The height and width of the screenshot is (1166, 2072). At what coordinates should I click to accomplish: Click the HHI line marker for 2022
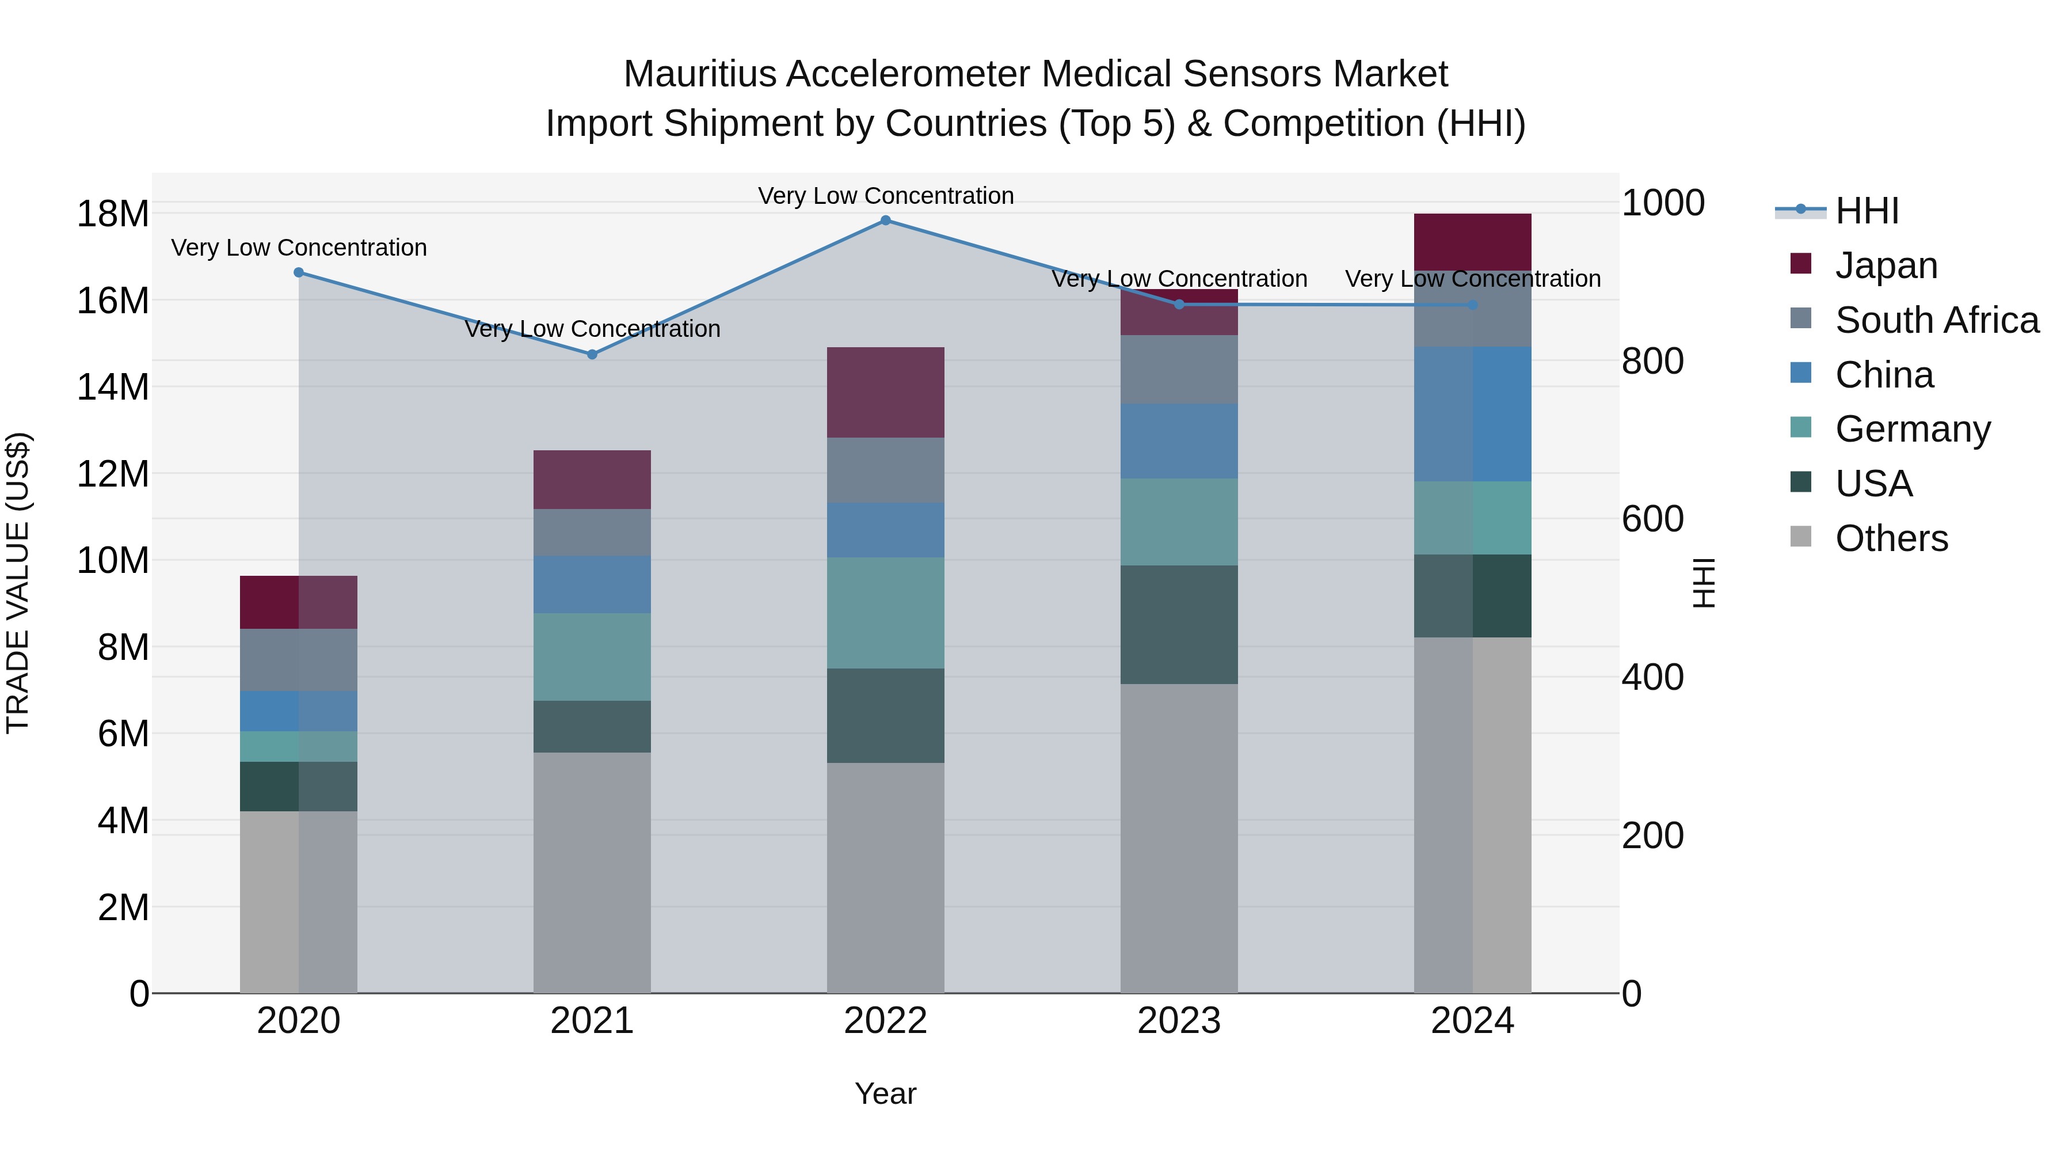tap(886, 221)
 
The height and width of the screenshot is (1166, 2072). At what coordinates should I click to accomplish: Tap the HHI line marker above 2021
tap(592, 354)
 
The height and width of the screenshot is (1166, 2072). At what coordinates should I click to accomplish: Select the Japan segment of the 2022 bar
tap(886, 393)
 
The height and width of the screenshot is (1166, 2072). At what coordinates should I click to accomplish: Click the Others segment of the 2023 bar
tap(1179, 838)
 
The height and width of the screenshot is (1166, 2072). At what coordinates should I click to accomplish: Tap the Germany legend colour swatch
tap(1801, 427)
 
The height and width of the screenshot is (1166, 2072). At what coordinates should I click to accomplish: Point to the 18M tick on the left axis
tap(113, 214)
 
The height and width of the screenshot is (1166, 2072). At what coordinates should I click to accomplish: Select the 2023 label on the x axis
tap(1179, 1021)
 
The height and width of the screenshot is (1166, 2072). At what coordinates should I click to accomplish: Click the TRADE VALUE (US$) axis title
tap(18, 583)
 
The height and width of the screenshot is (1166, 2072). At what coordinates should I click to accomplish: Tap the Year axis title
tap(886, 1093)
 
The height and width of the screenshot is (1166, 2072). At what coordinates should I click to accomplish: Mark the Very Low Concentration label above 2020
tap(298, 248)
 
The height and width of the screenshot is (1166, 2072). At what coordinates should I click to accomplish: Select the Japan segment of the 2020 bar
tap(298, 602)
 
